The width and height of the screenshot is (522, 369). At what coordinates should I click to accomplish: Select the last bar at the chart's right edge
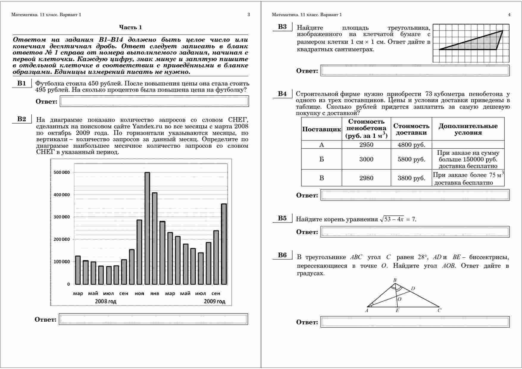click(x=224, y=244)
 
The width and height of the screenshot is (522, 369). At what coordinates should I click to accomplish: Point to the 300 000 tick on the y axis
click(x=62, y=217)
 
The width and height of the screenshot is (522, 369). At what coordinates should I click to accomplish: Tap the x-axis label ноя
click(x=139, y=294)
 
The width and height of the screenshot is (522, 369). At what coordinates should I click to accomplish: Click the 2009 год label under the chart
click(x=214, y=301)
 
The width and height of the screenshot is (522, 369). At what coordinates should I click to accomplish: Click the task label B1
click(x=21, y=83)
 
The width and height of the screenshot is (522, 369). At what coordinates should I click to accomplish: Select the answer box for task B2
click(x=153, y=319)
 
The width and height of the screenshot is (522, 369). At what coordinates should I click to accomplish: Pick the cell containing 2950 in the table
click(x=366, y=145)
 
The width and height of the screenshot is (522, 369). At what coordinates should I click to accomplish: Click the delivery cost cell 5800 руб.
click(x=411, y=159)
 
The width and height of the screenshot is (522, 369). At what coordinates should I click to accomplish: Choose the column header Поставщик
click(x=321, y=129)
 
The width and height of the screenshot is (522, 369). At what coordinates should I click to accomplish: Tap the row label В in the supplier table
click(x=321, y=178)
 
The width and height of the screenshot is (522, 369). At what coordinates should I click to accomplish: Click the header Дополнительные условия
click(x=468, y=129)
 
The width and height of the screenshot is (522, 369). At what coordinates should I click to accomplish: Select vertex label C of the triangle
click(x=439, y=310)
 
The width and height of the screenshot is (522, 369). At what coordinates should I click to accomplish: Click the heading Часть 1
click(x=130, y=27)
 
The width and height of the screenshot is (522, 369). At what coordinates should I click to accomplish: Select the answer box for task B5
click(x=415, y=232)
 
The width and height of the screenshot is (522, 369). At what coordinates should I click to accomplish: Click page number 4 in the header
click(x=509, y=15)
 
